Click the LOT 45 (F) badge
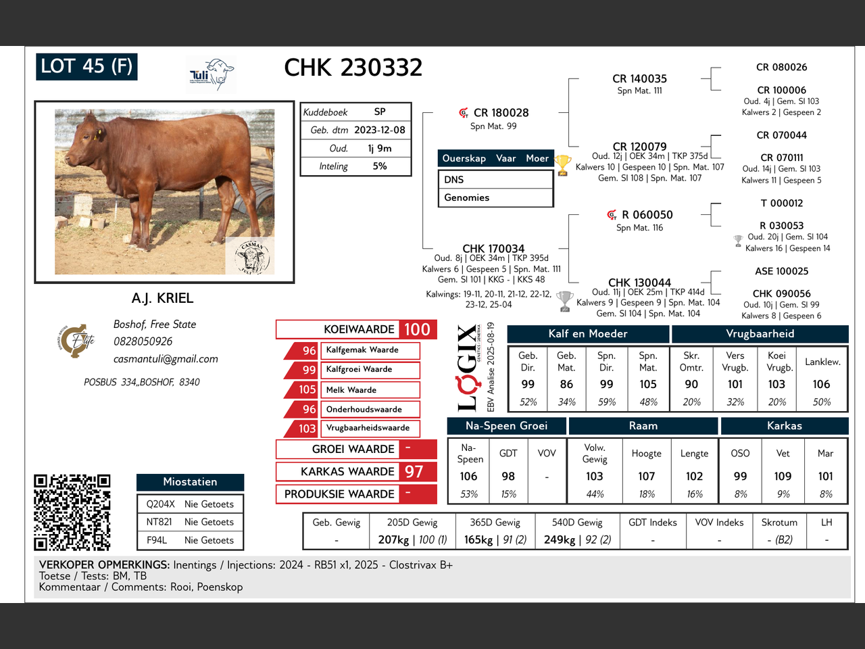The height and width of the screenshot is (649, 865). [x=86, y=67]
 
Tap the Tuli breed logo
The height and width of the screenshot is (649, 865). [x=212, y=74]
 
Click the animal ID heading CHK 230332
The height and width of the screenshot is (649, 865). [x=353, y=68]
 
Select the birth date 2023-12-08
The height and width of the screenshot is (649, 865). [x=380, y=130]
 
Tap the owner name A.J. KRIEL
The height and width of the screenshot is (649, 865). [x=162, y=298]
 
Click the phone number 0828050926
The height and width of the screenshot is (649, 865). [x=143, y=341]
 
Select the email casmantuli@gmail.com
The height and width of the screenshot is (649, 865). [x=166, y=358]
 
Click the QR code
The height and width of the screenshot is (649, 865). [x=72, y=512]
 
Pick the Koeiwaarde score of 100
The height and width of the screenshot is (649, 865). [x=418, y=329]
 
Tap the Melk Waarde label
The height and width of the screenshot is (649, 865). [x=351, y=389]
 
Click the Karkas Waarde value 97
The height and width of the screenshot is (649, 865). [x=414, y=472]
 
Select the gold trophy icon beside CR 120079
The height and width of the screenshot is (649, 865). [x=562, y=165]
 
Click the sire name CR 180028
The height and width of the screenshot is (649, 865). [x=501, y=113]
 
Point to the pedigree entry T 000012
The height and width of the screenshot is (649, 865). [x=781, y=203]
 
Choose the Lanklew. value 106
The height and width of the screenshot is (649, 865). [x=821, y=384]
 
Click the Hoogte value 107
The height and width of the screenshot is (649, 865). [x=646, y=477]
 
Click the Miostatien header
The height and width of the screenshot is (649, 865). [x=190, y=482]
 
